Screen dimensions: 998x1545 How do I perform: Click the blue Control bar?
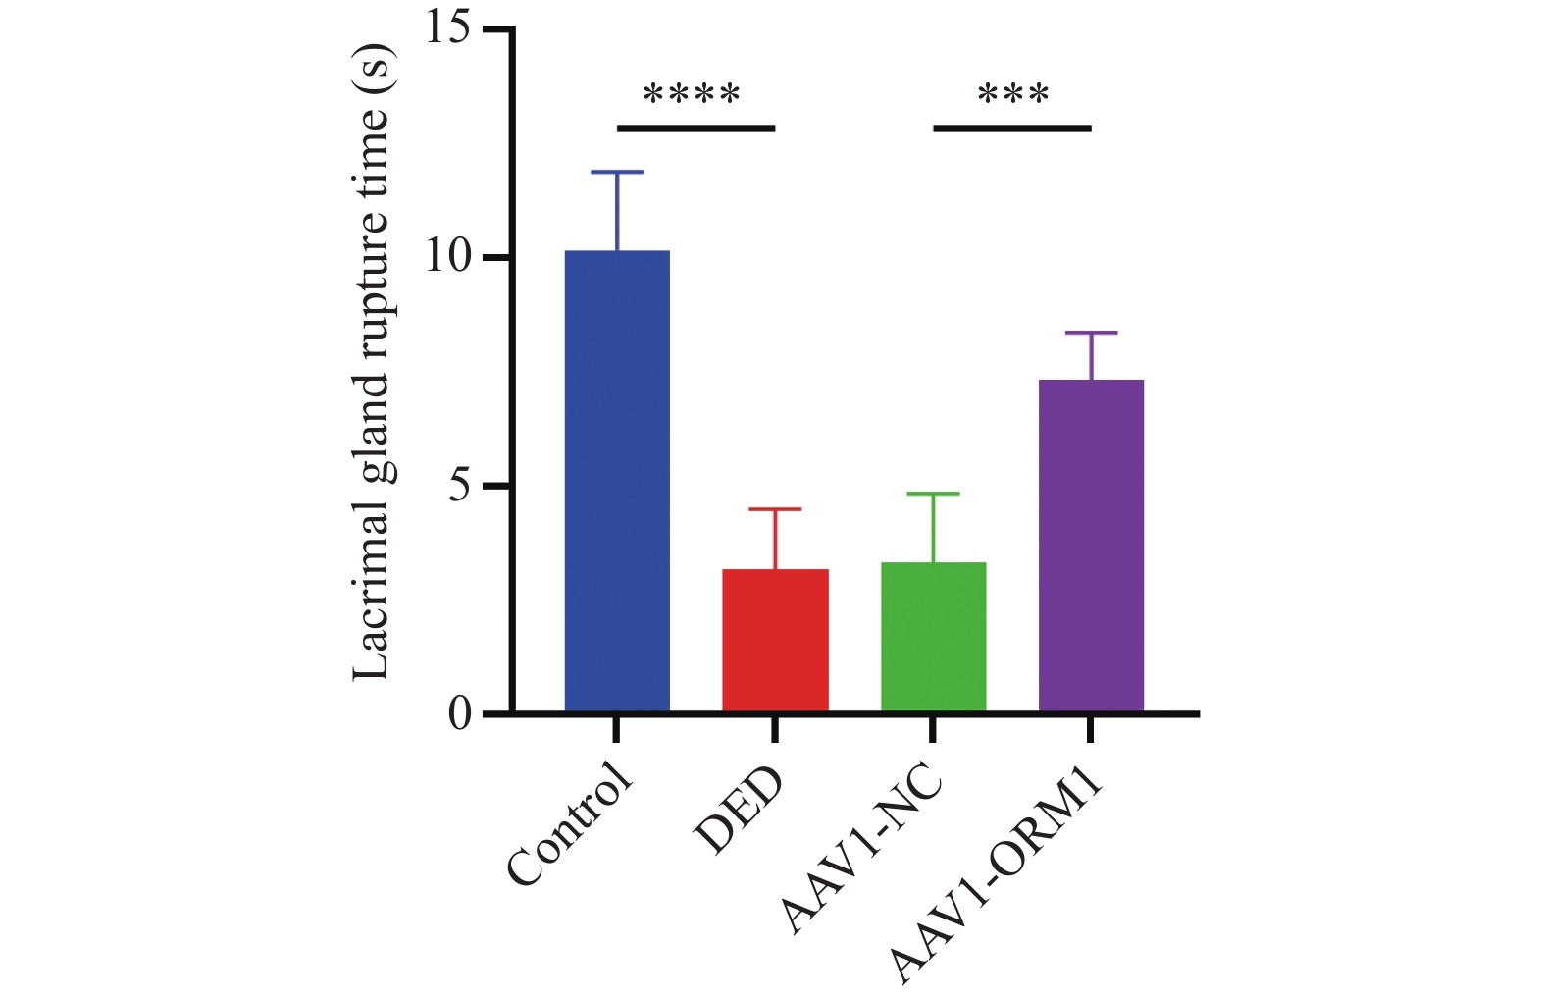[x=617, y=481]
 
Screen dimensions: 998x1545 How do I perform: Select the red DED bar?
[x=775, y=640]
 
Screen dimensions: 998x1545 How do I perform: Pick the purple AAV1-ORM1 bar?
[x=1091, y=545]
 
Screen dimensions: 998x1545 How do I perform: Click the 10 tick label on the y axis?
[x=448, y=258]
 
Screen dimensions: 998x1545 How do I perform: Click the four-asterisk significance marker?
[x=692, y=96]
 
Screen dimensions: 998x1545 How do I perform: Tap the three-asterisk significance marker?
[x=1013, y=96]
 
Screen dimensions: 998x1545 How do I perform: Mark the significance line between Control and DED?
[x=695, y=128]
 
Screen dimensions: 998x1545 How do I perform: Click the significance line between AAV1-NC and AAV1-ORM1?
[x=1011, y=128]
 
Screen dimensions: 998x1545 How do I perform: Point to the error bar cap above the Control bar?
[x=617, y=172]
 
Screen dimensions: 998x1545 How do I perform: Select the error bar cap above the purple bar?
[x=1091, y=333]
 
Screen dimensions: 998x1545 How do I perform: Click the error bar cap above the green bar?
[x=933, y=494]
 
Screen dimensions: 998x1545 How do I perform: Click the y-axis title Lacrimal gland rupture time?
[x=373, y=363]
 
